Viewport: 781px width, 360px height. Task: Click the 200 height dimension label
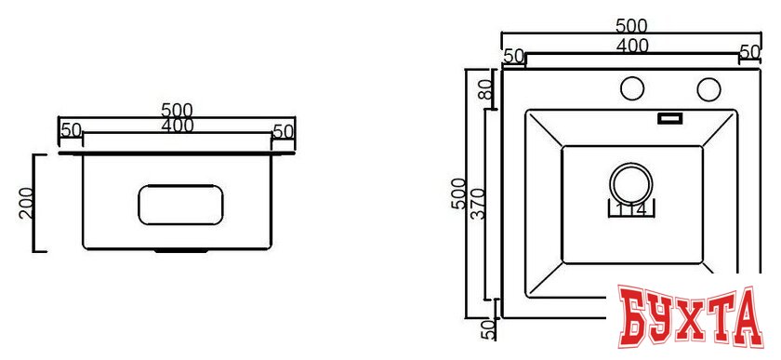[26, 202]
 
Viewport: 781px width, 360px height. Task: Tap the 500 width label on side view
[177, 112]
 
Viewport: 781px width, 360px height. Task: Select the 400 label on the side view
[177, 127]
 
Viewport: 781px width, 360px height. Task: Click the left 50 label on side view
[71, 131]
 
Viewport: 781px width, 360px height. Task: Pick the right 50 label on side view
[284, 131]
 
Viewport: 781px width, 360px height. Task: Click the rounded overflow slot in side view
[181, 205]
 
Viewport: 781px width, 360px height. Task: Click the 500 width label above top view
[631, 26]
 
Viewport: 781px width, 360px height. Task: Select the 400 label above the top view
[631, 45]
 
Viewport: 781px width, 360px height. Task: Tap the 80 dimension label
[484, 89]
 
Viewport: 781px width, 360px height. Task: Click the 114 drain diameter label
[630, 209]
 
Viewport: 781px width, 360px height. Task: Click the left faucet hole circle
[632, 89]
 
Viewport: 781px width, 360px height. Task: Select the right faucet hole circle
[708, 89]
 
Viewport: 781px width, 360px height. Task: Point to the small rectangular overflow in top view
[669, 118]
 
